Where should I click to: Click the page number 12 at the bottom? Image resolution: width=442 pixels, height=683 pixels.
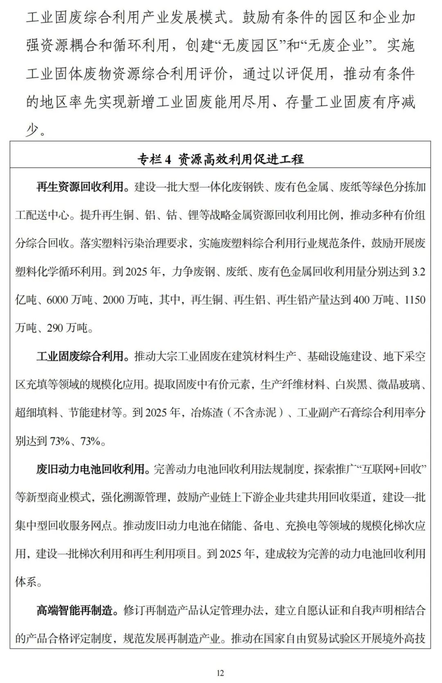221,673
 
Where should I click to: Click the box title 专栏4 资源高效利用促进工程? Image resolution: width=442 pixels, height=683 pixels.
221,159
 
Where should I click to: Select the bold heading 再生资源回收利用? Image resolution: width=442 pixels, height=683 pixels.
80,187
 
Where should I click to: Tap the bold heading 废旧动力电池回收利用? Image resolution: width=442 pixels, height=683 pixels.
90,469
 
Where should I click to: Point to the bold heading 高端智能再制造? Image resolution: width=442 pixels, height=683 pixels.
74,610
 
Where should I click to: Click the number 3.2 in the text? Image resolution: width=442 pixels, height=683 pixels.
418,272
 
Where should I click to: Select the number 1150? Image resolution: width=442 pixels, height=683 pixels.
415,300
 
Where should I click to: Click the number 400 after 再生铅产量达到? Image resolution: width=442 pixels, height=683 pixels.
361,300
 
